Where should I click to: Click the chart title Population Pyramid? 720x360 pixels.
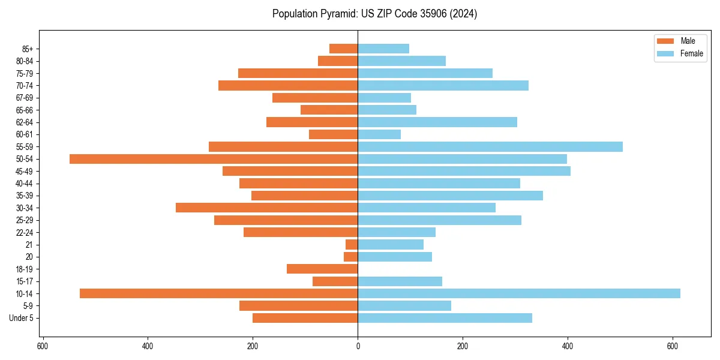point(374,14)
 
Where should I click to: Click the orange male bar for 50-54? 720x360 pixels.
point(214,159)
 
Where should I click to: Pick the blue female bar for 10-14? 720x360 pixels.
point(519,293)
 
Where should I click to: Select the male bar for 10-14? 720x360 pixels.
point(218,293)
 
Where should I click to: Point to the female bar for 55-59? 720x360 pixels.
point(490,146)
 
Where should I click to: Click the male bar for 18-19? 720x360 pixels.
point(322,269)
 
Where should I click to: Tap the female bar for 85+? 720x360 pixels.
point(383,49)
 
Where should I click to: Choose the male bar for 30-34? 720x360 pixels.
point(266,208)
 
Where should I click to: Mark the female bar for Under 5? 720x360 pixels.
point(445,318)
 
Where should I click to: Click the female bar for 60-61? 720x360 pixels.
point(379,134)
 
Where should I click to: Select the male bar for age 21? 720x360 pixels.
point(352,244)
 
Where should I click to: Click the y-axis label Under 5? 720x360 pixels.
point(21,318)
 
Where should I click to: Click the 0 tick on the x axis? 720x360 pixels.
point(358,346)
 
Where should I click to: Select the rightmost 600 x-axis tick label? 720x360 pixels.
point(673,346)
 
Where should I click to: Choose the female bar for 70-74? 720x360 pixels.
point(443,85)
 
